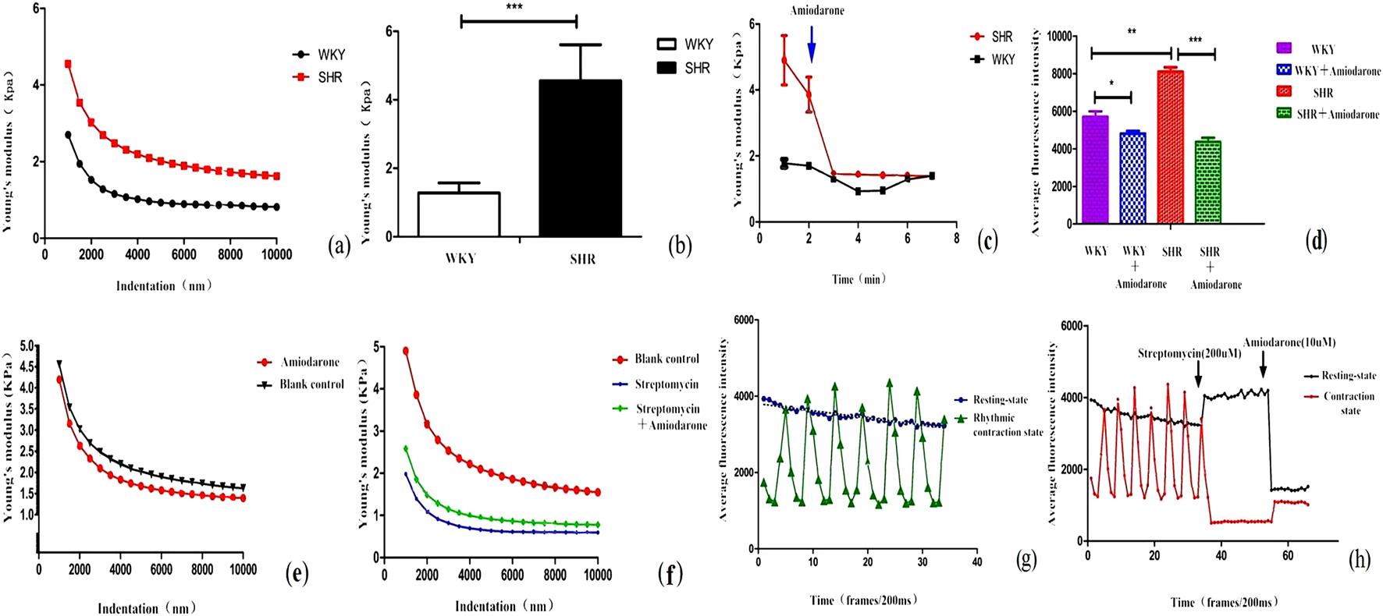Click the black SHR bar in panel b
pyautogui.click(x=581, y=158)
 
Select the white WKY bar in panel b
pyautogui.click(x=459, y=214)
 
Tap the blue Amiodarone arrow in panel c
pyautogui.click(x=812, y=44)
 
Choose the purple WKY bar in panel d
pyautogui.click(x=1095, y=169)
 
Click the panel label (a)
pyautogui.click(x=340, y=246)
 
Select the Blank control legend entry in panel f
pyautogui.click(x=666, y=359)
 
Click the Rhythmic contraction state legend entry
pyautogui.click(x=1007, y=425)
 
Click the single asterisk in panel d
pyautogui.click(x=1111, y=83)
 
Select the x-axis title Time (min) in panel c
pyautogui.click(x=858, y=278)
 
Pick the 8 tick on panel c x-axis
pyautogui.click(x=956, y=238)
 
